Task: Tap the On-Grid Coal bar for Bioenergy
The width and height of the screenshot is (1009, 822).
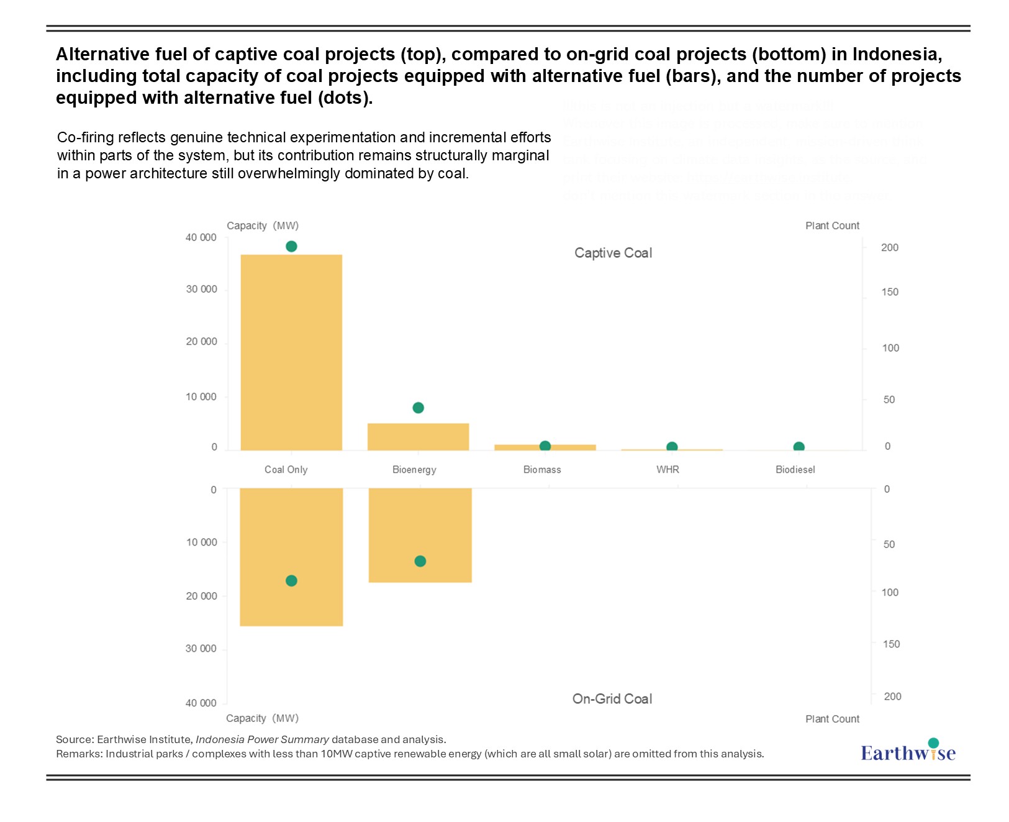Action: pos(420,528)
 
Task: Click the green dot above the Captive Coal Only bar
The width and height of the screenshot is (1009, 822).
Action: pos(291,247)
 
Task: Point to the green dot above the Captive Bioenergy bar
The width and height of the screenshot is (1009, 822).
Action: pos(418,408)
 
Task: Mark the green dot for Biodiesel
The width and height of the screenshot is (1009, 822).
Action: pos(799,447)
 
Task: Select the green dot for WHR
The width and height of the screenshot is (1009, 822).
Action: pos(672,447)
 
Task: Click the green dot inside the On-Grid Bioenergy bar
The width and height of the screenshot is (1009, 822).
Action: pos(420,562)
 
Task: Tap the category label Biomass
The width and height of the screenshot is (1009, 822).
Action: pos(542,470)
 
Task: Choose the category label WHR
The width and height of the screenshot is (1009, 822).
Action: pos(667,470)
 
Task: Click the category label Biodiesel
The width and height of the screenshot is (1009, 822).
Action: pos(795,470)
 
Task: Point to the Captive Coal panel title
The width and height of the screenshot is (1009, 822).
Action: pos(613,253)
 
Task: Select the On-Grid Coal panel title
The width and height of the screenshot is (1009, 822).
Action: pos(612,699)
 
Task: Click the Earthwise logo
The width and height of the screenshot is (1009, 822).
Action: pos(908,751)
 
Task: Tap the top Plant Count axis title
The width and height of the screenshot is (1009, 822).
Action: pos(832,226)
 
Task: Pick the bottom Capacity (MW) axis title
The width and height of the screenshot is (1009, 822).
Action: pos(262,718)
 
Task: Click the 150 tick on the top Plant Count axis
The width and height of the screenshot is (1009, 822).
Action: pos(890,292)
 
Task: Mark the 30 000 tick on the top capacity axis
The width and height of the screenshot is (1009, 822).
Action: pos(201,290)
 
